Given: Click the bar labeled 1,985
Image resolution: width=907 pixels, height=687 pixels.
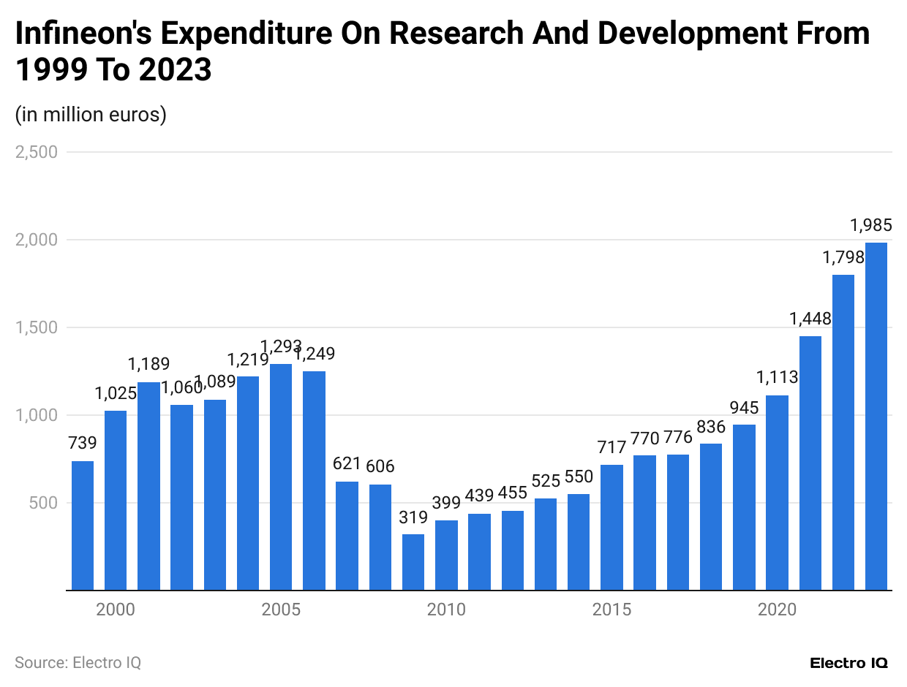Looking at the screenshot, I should click(x=876, y=416).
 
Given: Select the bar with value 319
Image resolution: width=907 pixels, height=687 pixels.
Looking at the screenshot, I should click(x=413, y=561).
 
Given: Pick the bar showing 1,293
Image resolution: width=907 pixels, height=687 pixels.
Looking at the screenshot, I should click(x=281, y=477).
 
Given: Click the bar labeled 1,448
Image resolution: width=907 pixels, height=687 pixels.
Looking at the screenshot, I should click(x=810, y=463).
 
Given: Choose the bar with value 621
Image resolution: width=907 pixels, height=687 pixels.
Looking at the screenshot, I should click(x=347, y=535).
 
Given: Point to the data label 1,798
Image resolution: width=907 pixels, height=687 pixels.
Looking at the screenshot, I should click(x=843, y=257).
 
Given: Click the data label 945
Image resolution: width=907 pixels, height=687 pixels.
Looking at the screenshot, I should click(x=745, y=407).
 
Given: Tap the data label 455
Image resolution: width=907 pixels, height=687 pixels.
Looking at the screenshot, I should click(x=512, y=493).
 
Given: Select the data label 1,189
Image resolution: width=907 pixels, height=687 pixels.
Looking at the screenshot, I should click(x=148, y=364).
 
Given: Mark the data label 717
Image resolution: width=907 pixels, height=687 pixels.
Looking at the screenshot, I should click(x=611, y=447).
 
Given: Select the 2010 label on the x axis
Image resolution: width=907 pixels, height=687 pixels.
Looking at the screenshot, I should click(x=446, y=610).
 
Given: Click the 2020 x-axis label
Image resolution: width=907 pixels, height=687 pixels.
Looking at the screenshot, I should click(x=778, y=610).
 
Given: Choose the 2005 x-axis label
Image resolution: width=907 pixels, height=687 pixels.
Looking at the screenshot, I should click(x=281, y=610).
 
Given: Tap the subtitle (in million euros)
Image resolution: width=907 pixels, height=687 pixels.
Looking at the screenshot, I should click(x=91, y=115).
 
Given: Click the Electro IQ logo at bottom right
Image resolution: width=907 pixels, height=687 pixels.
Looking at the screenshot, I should click(x=848, y=663).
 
